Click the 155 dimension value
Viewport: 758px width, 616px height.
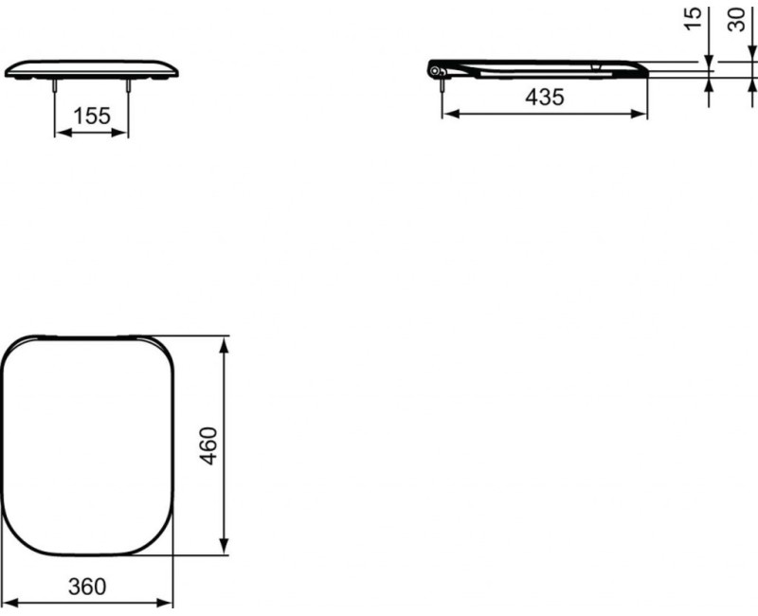[92, 116]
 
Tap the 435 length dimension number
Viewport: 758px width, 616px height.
[545, 97]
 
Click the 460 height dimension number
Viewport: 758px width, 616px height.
[208, 444]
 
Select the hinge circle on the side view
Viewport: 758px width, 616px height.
[435, 71]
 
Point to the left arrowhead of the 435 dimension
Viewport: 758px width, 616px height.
[450, 114]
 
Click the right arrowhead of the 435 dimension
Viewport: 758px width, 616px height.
[643, 114]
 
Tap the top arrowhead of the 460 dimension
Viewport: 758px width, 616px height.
[225, 343]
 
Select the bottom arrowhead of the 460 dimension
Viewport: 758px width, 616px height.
[225, 547]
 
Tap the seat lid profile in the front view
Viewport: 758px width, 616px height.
[92, 68]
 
